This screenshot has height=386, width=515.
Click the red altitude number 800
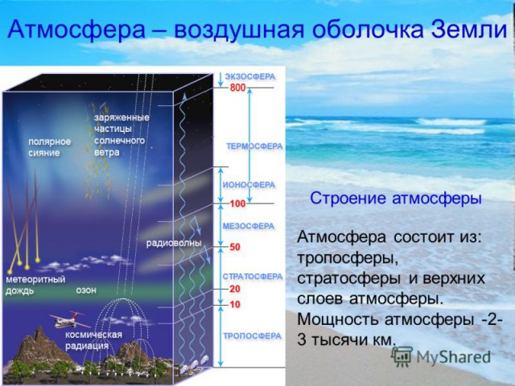click(x=238, y=88)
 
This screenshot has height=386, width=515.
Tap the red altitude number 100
click(x=238, y=203)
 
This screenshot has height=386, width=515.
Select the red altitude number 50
click(x=235, y=247)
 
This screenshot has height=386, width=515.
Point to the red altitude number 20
click(x=235, y=289)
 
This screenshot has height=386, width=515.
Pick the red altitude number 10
click(x=235, y=305)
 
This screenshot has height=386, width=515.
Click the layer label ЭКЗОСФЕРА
click(x=250, y=76)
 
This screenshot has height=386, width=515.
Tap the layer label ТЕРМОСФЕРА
click(x=254, y=146)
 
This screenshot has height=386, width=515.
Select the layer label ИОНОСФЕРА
click(x=249, y=185)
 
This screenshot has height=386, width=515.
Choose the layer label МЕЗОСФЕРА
click(x=249, y=226)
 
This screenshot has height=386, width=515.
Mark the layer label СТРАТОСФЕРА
click(x=253, y=277)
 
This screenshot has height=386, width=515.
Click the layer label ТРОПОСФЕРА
click(x=252, y=336)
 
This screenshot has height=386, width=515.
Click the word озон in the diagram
click(x=86, y=290)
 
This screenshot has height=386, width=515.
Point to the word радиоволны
click(x=174, y=243)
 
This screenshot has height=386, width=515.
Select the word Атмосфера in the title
click(x=76, y=29)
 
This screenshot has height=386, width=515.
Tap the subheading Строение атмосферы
click(x=396, y=199)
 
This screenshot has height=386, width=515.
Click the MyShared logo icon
click(x=402, y=356)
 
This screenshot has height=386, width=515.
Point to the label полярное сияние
click(x=49, y=147)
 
